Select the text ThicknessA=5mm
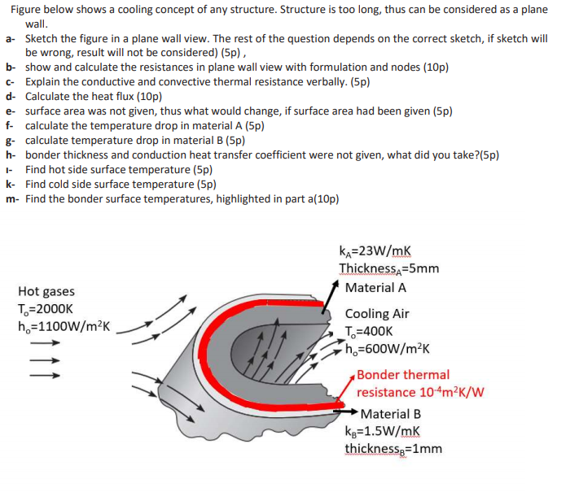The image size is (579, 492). coord(389,268)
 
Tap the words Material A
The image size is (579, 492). coord(375,287)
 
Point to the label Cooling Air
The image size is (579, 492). coord(377,313)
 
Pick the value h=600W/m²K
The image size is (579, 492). coord(387,348)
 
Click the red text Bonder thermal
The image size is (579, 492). coord(403,374)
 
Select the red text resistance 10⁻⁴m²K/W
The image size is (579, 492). coord(420,391)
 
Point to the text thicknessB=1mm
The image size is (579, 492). coord(393,448)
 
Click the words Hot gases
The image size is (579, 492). coord(46,291)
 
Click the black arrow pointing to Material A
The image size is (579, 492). coord(334,291)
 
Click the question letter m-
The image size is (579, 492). coord(11,199)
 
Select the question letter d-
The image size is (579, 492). coord(10,96)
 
